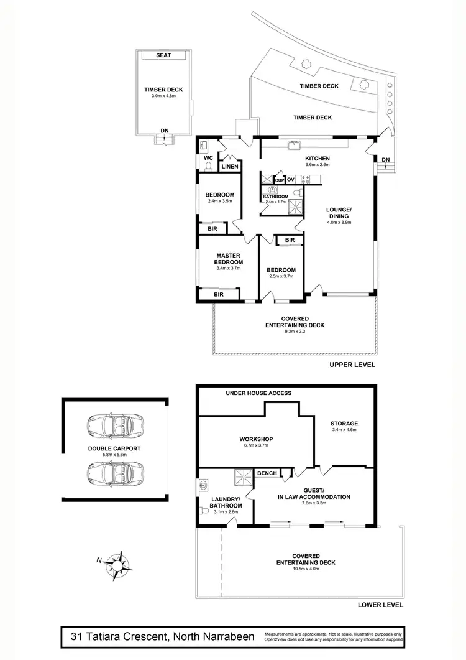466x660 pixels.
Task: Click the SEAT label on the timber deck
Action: tap(164, 55)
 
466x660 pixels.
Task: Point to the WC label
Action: tap(208, 158)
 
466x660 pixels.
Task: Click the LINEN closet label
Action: tap(230, 167)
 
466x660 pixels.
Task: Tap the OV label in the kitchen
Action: tap(290, 180)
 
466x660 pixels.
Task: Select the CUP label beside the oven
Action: tap(280, 180)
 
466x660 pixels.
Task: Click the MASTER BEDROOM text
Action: tap(228, 259)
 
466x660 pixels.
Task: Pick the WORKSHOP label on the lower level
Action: tap(257, 439)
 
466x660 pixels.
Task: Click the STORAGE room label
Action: tap(345, 424)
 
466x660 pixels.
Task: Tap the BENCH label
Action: tap(267, 473)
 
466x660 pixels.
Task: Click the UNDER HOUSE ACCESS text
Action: tap(258, 393)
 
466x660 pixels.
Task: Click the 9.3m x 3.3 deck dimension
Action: tap(295, 332)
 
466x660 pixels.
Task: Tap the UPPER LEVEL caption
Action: tap(352, 365)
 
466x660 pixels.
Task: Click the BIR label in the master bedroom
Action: tap(219, 294)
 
